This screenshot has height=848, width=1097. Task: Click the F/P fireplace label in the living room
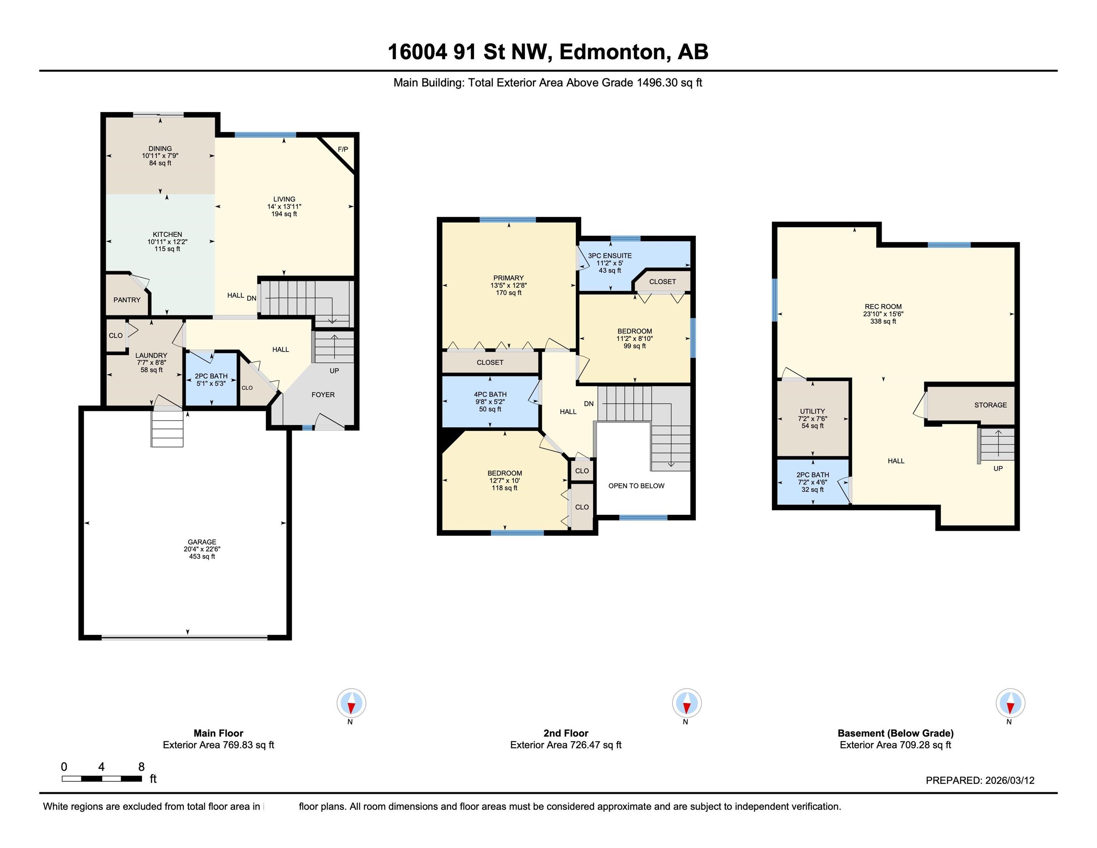click(x=343, y=149)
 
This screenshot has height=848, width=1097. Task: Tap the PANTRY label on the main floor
click(x=127, y=300)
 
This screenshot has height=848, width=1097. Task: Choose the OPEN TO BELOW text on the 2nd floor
click(x=636, y=486)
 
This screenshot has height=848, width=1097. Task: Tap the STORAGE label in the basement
click(x=991, y=405)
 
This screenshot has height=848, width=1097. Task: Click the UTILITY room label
click(x=812, y=411)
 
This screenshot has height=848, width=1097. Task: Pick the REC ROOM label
click(x=883, y=307)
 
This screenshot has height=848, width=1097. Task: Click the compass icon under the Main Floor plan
click(x=351, y=703)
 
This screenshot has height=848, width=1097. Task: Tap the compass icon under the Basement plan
click(x=1011, y=703)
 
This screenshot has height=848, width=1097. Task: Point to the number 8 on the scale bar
click(x=141, y=767)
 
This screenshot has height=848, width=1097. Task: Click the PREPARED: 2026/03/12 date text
click(x=980, y=780)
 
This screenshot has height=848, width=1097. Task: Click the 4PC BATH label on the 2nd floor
click(x=490, y=394)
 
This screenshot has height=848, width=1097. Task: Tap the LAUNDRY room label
click(x=151, y=355)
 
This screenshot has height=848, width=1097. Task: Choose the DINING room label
click(x=160, y=149)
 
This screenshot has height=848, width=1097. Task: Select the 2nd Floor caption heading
click(x=566, y=733)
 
